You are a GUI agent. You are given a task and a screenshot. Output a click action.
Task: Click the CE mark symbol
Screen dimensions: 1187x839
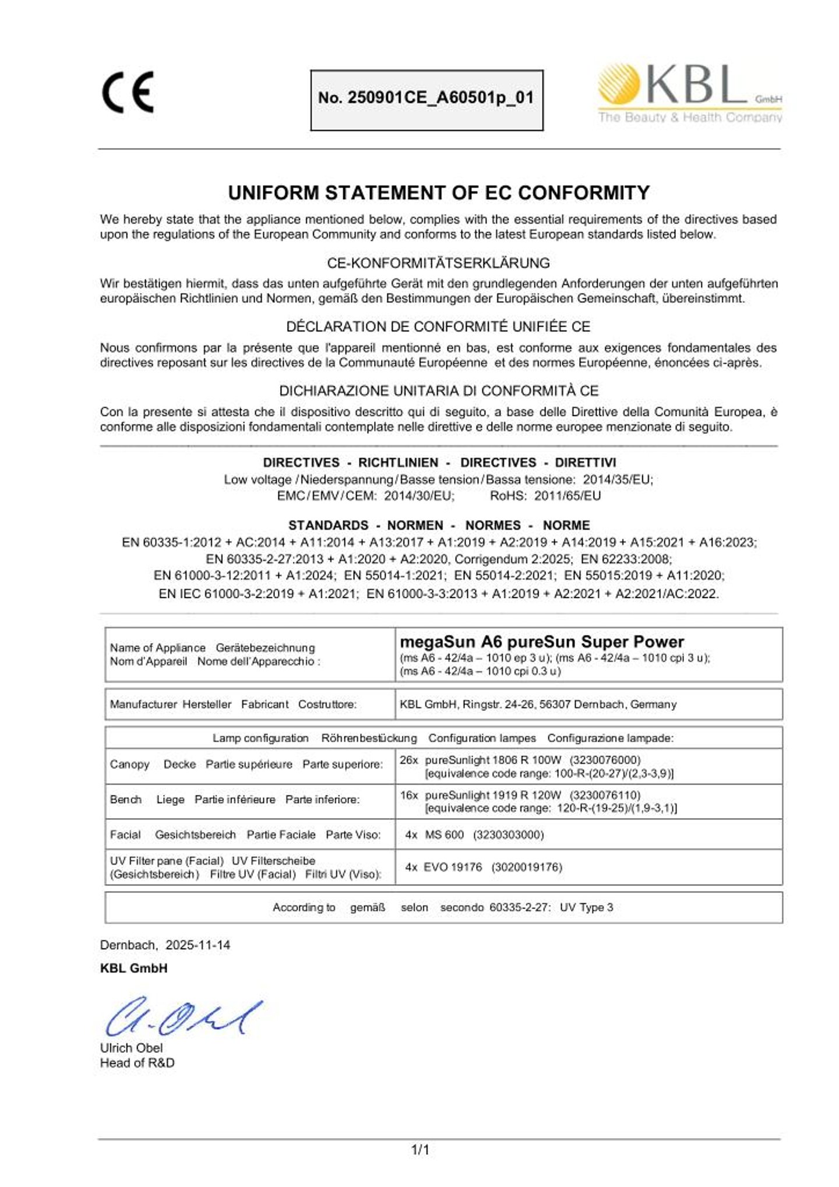(x=128, y=92)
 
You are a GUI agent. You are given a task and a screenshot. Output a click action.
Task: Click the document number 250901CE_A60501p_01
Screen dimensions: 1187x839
(x=426, y=98)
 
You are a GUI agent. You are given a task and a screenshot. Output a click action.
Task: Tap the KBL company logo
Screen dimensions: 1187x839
(x=690, y=93)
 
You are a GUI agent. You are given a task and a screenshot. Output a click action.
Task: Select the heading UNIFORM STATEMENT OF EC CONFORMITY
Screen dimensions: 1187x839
(x=439, y=193)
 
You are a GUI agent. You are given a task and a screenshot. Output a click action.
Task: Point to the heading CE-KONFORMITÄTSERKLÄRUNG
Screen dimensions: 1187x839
(x=438, y=263)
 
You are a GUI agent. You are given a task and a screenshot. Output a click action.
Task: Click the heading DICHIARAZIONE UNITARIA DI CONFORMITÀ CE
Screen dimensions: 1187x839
(x=439, y=390)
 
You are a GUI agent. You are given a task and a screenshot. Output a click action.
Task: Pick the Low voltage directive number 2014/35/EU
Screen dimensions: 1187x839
(x=618, y=480)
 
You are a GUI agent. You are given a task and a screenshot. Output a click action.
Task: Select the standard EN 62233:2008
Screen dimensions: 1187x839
(x=626, y=559)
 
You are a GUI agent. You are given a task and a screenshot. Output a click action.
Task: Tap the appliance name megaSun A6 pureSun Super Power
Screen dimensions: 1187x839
(x=542, y=642)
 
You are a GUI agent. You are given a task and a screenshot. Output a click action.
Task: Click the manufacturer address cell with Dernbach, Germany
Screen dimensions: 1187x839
(x=538, y=704)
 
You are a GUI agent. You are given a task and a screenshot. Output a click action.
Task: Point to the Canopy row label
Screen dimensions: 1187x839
(x=129, y=764)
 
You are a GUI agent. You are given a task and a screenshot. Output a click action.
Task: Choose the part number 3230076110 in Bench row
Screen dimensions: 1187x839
(x=605, y=795)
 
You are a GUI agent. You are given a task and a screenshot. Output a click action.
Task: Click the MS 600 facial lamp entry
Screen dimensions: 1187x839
(x=444, y=834)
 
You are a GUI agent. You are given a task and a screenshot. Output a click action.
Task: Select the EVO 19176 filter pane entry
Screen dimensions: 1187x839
(x=453, y=867)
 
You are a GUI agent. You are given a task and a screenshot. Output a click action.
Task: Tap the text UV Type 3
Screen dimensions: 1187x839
(x=586, y=907)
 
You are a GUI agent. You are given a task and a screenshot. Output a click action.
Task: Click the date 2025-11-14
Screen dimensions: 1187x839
(x=198, y=945)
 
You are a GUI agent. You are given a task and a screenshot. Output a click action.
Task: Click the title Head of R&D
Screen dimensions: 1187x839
(x=137, y=1063)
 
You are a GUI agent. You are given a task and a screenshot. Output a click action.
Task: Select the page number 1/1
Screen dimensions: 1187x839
(x=420, y=1150)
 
